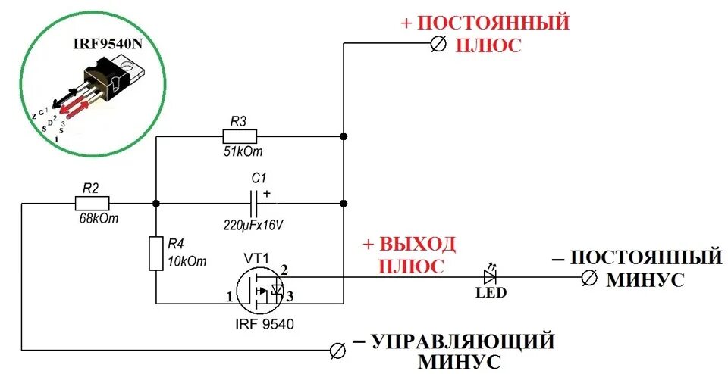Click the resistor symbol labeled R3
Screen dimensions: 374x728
tap(240, 137)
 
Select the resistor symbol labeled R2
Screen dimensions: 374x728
tap(93, 203)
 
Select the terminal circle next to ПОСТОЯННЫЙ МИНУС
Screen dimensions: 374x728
tap(588, 278)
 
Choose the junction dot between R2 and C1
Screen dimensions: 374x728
tap(155, 203)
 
